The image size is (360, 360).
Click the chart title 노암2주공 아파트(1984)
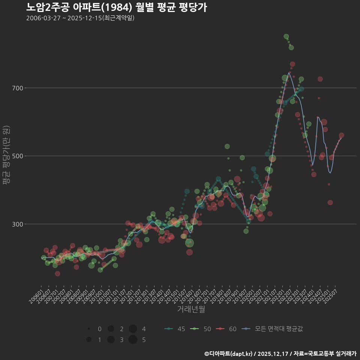116,7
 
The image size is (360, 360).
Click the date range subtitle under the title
80,18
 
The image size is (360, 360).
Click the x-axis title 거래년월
191,309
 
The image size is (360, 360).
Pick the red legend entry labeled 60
227,329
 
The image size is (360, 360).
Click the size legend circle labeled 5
132,340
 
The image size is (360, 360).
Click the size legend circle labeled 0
89,329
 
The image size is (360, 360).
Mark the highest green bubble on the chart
286,36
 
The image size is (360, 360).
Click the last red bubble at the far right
341,135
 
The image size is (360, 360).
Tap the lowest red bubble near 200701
57,273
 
